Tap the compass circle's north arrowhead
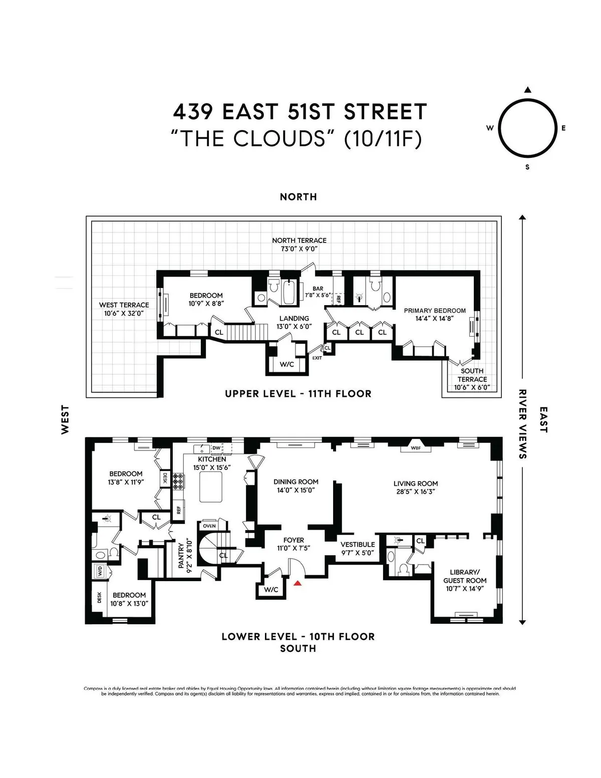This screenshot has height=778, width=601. (x=527, y=90)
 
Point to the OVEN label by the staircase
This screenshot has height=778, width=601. (x=209, y=526)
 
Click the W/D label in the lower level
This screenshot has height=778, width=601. (x=99, y=571)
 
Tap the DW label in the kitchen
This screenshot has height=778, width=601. (x=216, y=447)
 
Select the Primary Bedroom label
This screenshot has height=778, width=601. (x=435, y=311)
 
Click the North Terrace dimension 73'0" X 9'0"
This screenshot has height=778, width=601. (x=299, y=248)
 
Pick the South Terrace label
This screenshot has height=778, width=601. (x=472, y=375)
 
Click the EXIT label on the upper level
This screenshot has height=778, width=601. (x=317, y=358)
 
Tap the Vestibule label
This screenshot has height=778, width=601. (x=358, y=544)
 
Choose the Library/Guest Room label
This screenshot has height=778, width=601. (x=465, y=576)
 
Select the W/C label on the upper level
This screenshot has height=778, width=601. (x=287, y=364)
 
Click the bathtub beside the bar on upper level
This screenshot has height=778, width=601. (x=290, y=293)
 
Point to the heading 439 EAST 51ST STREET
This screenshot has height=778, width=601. (x=300, y=112)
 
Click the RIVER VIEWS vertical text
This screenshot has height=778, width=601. (x=523, y=424)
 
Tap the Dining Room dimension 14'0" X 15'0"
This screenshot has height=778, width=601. (x=296, y=490)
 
